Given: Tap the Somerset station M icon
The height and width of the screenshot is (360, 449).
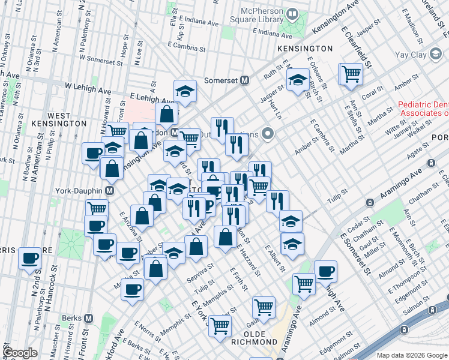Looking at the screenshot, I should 245,80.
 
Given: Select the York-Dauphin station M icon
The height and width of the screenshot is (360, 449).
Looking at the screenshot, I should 110,190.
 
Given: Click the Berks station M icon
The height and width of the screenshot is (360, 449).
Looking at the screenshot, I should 89,319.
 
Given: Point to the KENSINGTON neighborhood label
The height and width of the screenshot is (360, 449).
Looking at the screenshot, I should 305,48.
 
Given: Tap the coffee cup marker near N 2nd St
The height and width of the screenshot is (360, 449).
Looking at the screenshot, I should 29,259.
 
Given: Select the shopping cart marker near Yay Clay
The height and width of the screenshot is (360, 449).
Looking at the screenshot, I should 351,74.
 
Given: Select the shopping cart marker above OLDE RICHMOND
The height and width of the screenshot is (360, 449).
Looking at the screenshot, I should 264,307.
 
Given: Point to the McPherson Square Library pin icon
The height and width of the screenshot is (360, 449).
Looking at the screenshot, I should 293,13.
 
